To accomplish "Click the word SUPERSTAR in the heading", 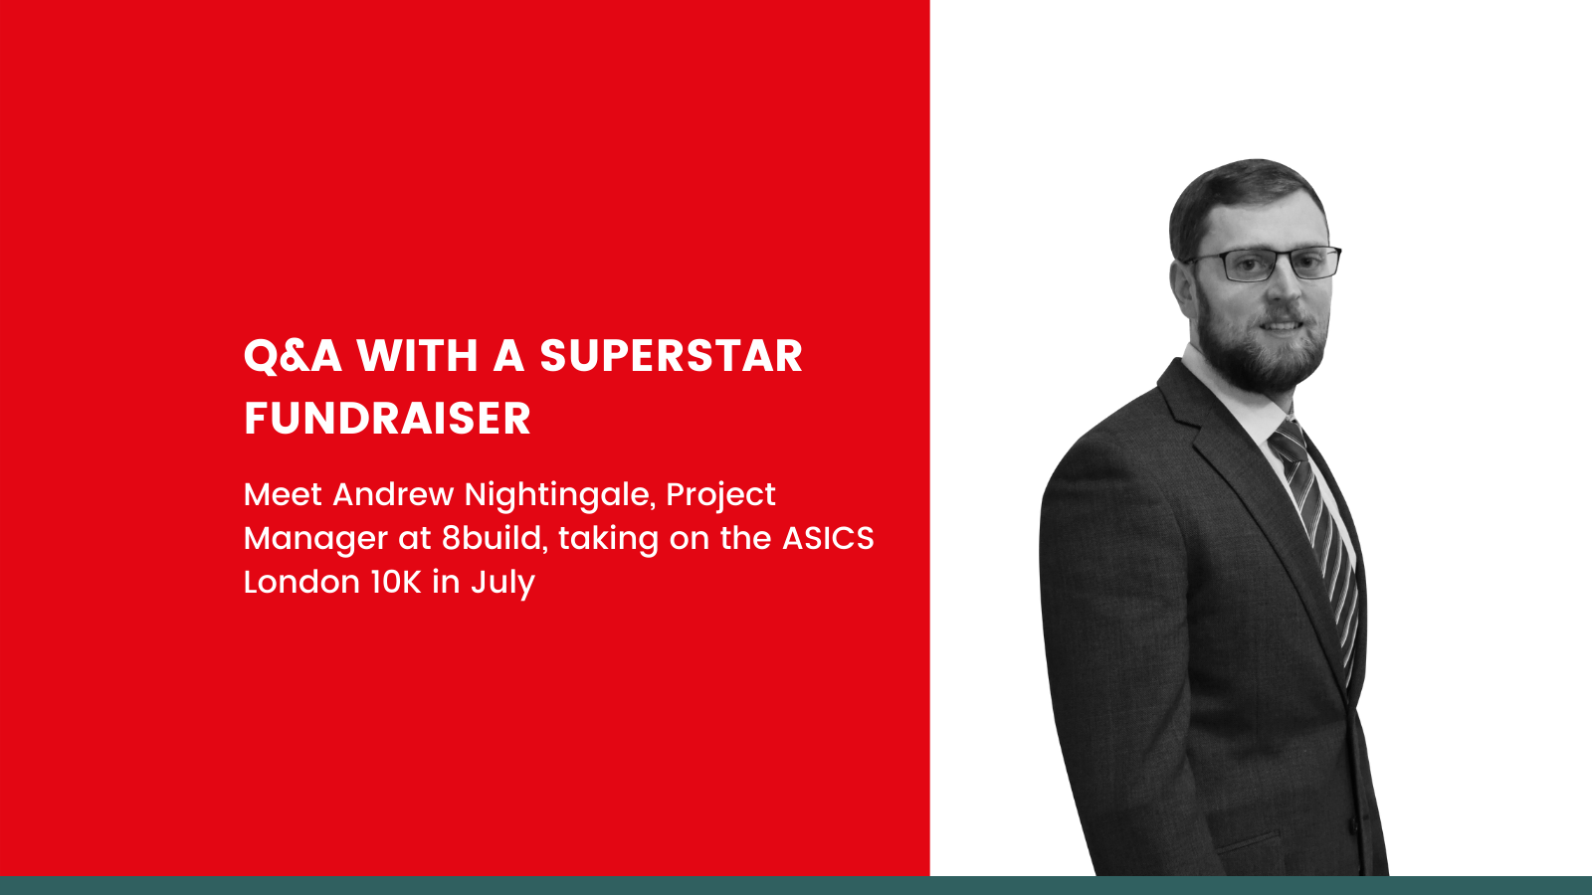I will click(671, 356).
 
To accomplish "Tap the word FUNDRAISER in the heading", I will click(387, 419).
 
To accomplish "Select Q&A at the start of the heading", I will click(293, 356).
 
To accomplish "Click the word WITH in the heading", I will click(418, 356).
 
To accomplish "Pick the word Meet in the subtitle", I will click(283, 494).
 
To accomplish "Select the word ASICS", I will click(828, 538).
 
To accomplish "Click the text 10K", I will click(396, 582).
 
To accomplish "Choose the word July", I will click(502, 583).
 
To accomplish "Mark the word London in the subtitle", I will click(301, 582).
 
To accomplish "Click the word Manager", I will click(315, 539).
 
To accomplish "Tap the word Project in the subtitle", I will click(720, 495).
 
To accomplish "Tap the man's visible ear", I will click(1183, 287).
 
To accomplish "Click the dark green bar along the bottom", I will click(796, 885).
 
